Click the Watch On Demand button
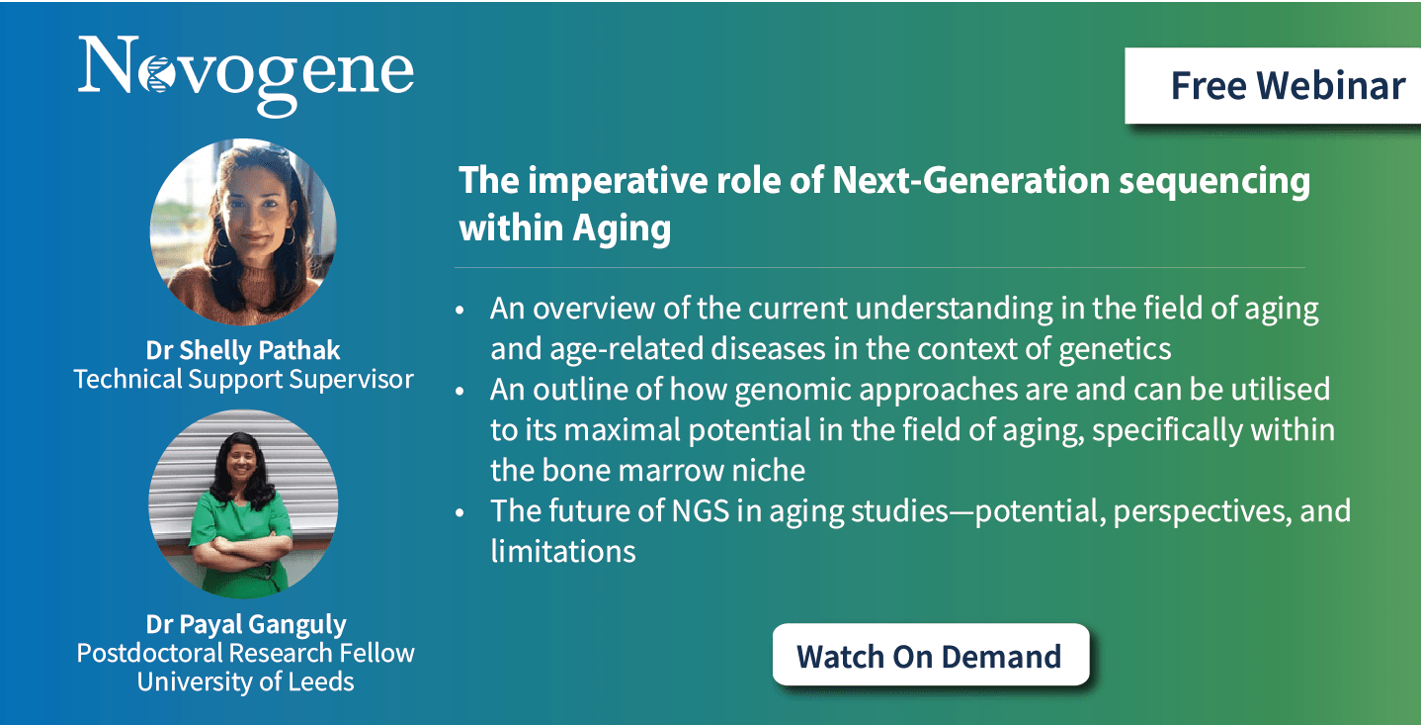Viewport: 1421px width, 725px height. pos(931,655)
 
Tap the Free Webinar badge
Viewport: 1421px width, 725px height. pos(1273,86)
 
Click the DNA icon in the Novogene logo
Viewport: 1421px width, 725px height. pos(156,73)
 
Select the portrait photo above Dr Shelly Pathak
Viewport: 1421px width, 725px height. pos(243,231)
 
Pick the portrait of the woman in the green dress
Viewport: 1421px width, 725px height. pos(243,503)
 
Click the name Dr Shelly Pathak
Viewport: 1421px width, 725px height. pos(243,350)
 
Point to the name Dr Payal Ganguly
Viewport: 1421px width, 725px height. pos(246,625)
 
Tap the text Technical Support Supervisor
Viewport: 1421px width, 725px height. pos(244,379)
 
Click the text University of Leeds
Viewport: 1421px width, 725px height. pos(245,681)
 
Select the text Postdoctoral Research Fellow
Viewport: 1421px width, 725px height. pos(245,653)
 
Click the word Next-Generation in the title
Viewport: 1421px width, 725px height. pos(970,180)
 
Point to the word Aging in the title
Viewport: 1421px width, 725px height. pos(622,228)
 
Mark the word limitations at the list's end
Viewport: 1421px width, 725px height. pos(563,551)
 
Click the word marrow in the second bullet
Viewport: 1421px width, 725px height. pos(671,471)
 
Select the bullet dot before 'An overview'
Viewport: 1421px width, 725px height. pos(460,311)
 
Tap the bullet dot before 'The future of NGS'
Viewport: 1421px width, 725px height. pos(460,512)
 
